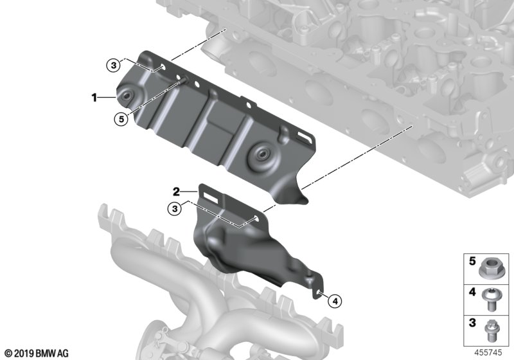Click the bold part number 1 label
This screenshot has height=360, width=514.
[94, 97]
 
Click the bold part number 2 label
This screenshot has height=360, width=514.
[176, 191]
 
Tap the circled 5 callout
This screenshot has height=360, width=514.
[121, 119]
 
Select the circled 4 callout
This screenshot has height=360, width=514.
[335, 301]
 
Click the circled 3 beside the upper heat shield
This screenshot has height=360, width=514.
[114, 65]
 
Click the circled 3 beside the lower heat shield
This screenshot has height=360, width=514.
[175, 208]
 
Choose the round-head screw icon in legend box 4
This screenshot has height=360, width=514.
[490, 300]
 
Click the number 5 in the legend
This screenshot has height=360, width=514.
[472, 261]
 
